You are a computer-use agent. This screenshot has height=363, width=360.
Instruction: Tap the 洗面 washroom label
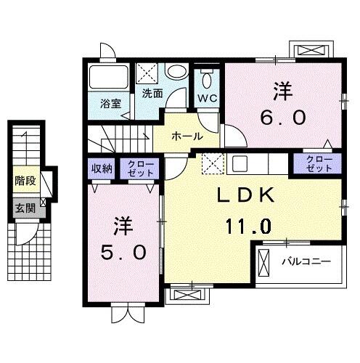[x=152, y=92]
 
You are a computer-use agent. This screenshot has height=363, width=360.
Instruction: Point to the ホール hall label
[x=187, y=136]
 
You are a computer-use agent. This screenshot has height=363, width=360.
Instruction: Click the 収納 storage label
[x=102, y=169]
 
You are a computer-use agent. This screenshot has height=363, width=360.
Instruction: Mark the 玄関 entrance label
[x=25, y=207]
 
